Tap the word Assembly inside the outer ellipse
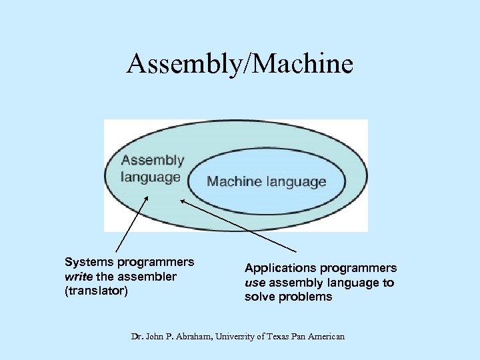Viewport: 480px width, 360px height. (x=153, y=161)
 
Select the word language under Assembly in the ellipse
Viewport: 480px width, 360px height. (x=151, y=177)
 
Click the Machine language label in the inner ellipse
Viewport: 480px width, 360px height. (x=267, y=181)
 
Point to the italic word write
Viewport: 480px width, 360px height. (x=79, y=277)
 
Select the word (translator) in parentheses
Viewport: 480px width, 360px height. (x=96, y=291)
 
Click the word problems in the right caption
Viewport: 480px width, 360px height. (x=306, y=297)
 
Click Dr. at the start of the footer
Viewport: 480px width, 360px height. (x=137, y=337)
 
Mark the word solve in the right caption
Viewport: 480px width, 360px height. (x=259, y=297)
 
